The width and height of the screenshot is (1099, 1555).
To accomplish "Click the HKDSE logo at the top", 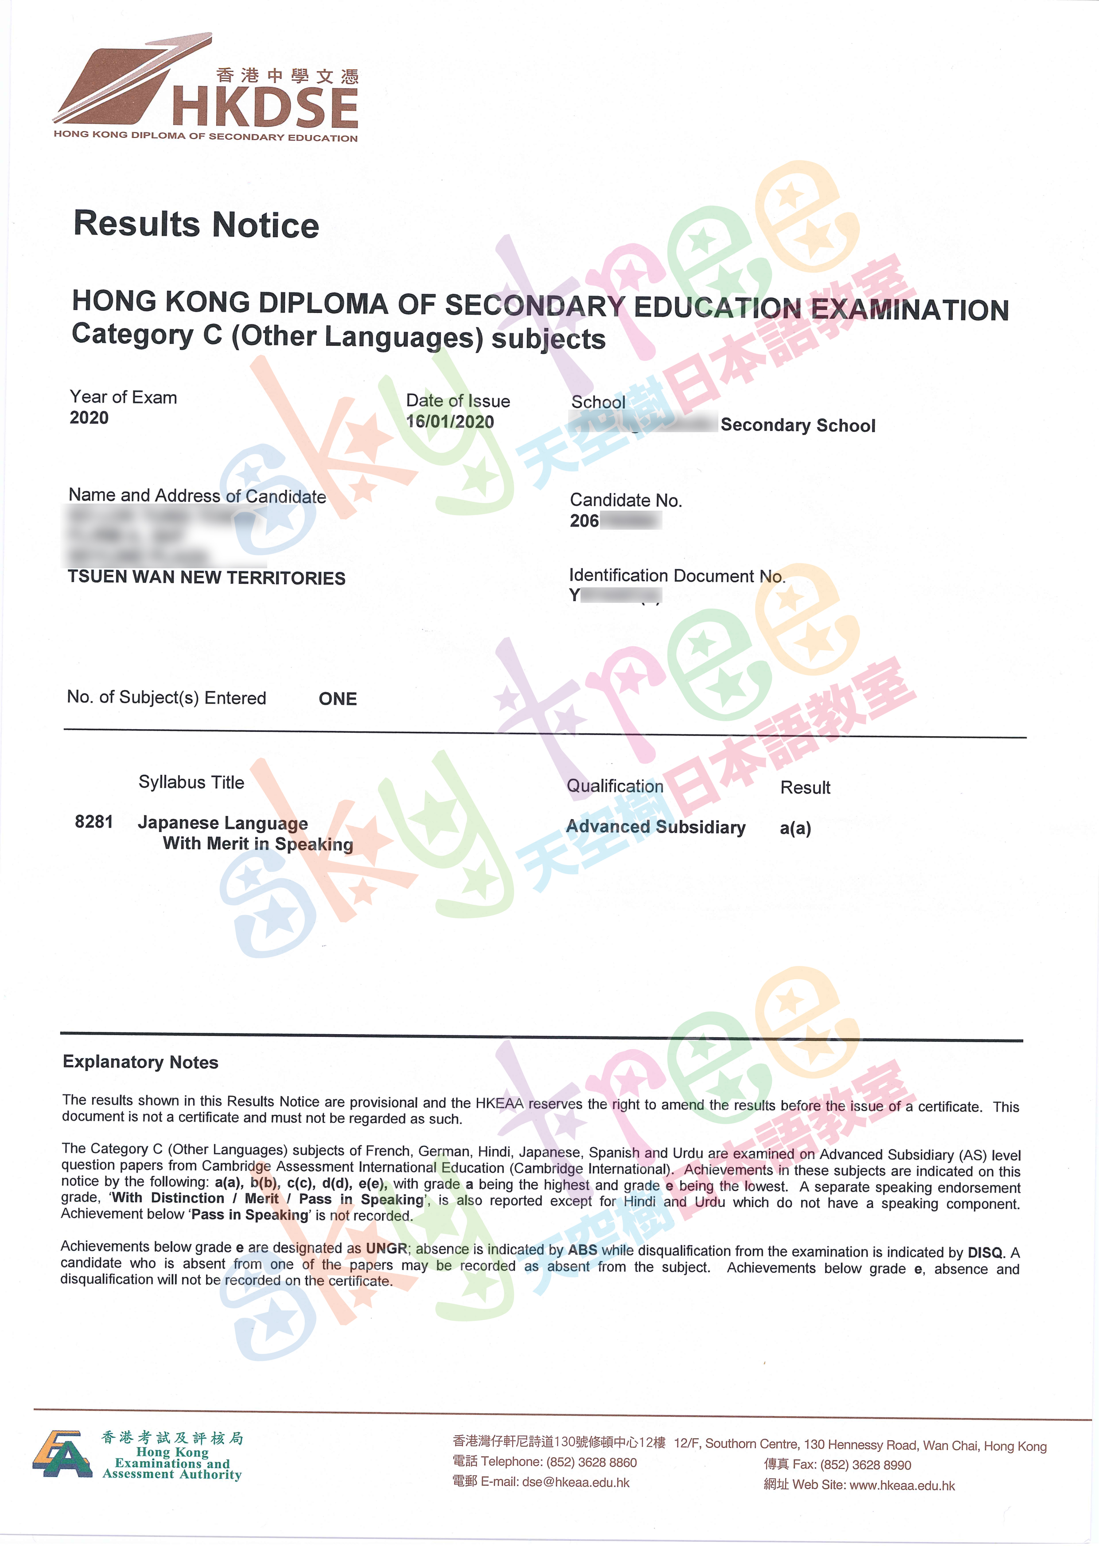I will pos(207,88).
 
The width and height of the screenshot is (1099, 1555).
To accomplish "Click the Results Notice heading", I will pos(196,224).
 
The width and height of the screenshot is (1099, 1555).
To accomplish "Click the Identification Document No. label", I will pos(677,576).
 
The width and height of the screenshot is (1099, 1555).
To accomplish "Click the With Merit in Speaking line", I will pos(258,844).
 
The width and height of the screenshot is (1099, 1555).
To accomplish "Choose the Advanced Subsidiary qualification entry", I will pos(655,827).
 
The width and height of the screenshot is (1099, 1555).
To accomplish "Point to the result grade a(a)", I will pos(795,828).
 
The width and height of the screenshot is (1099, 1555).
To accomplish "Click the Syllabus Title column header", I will pos(191,782).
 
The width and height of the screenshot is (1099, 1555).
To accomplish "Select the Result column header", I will pos(805,788).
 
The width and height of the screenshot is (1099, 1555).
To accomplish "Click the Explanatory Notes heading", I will pos(140,1062).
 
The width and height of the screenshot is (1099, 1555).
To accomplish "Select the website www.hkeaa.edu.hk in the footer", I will pos(902,1485).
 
